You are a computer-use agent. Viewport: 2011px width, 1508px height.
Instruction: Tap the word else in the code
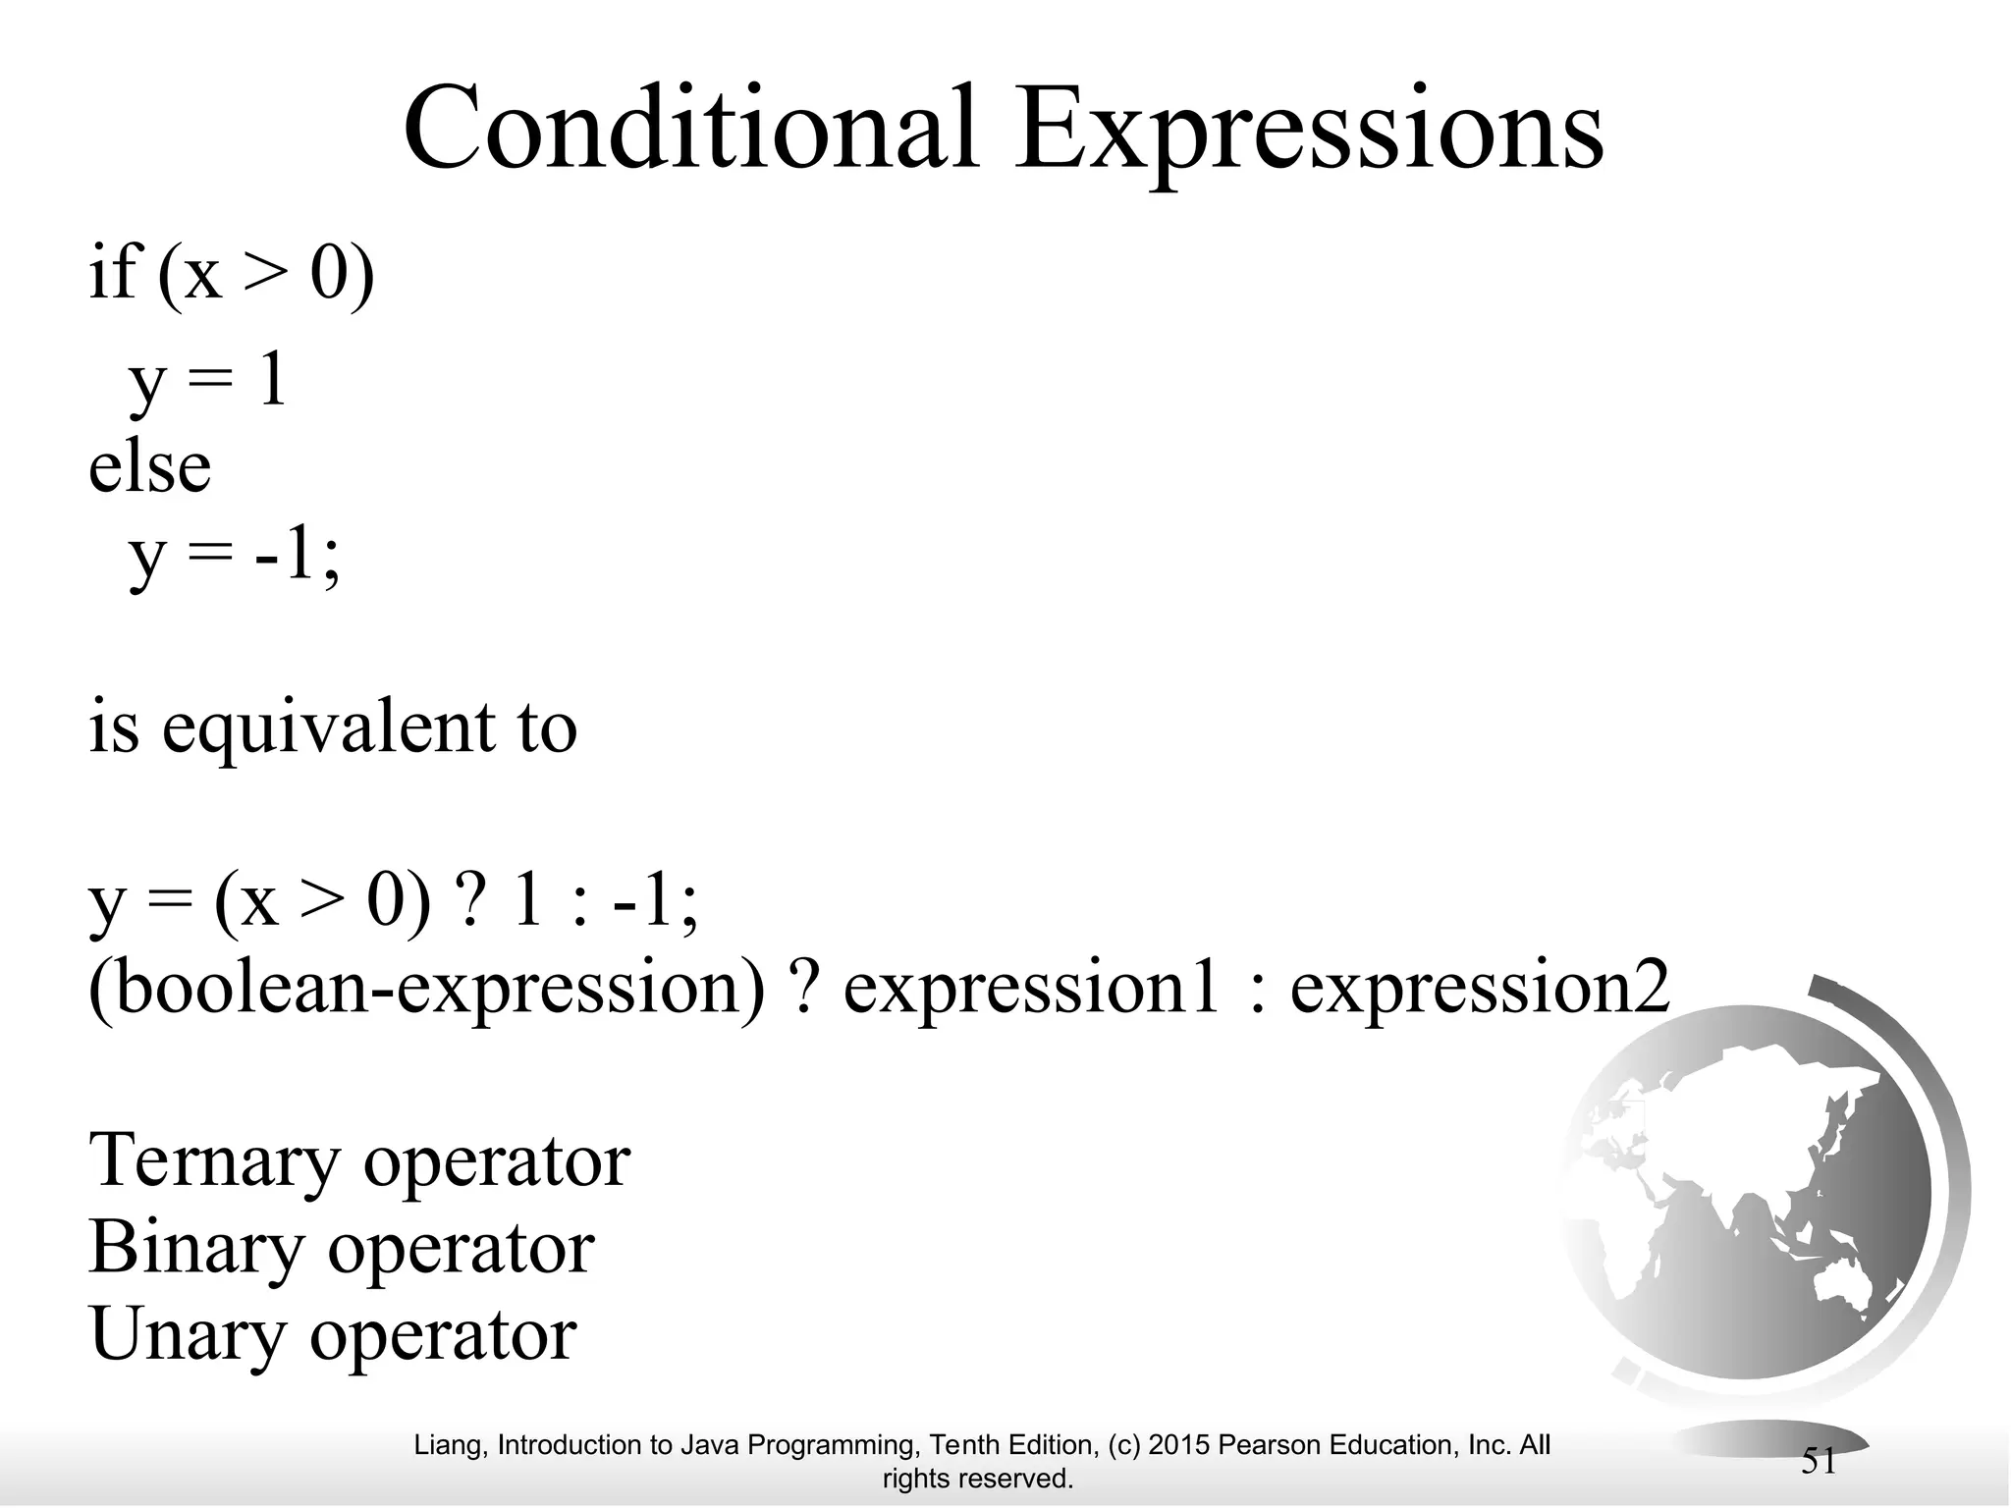point(149,467)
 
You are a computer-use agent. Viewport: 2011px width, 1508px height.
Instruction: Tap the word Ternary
point(213,1161)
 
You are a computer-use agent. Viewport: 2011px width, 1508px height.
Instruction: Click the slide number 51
point(1819,1462)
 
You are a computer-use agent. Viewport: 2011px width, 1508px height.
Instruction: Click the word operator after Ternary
point(496,1161)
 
